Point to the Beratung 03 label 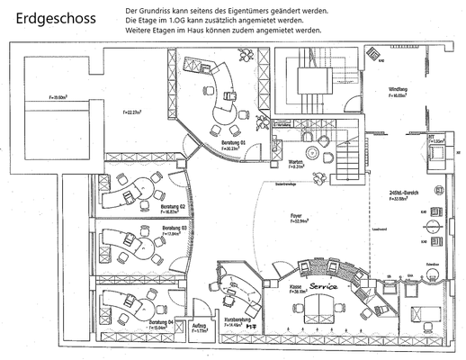[x=174, y=229]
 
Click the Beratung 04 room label [x=161, y=321]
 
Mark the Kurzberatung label [x=237, y=319]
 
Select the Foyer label [x=295, y=216]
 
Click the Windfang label [x=398, y=90]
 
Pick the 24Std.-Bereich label [x=399, y=193]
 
